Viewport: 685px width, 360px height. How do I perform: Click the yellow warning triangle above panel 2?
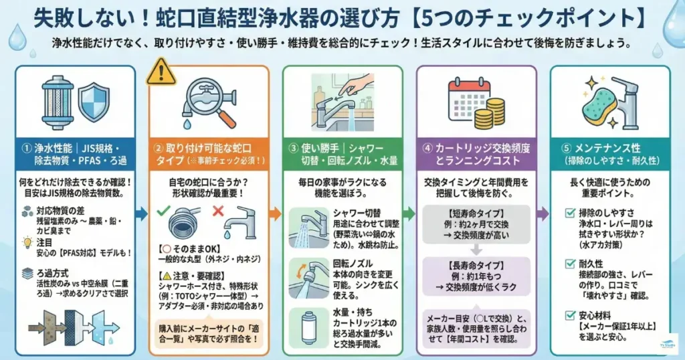click(161, 71)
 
